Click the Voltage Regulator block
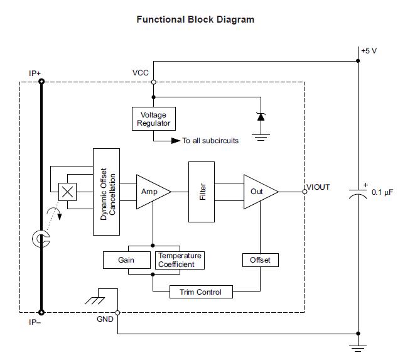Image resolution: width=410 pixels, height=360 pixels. pyautogui.click(x=153, y=119)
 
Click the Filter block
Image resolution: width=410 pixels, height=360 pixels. pyautogui.click(x=202, y=191)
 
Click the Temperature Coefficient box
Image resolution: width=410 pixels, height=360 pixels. pyautogui.click(x=179, y=259)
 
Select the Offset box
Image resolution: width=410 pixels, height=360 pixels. pyautogui.click(x=260, y=259)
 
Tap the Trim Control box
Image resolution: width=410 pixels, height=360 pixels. pyautogui.click(x=200, y=292)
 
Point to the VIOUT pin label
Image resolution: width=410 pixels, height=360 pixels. pyautogui.click(x=318, y=187)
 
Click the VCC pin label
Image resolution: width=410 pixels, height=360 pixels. pyautogui.click(x=141, y=73)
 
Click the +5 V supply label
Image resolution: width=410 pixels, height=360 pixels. pyautogui.click(x=369, y=51)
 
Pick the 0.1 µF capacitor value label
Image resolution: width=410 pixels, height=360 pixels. pyautogui.click(x=382, y=192)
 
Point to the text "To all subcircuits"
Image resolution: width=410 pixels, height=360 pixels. pyautogui.click(x=210, y=141)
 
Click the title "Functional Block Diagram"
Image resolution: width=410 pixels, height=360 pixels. pyautogui.click(x=195, y=19)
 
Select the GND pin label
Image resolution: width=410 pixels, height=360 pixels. pyautogui.click(x=105, y=319)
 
